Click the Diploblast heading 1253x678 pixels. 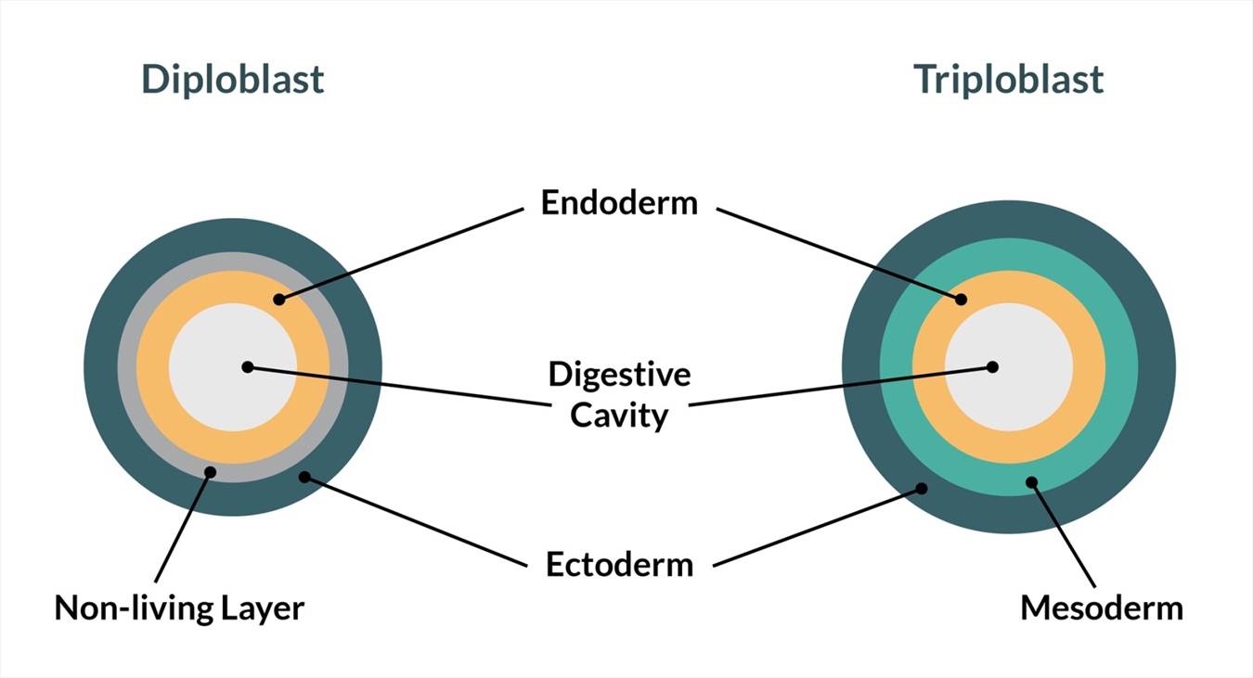pyautogui.click(x=233, y=80)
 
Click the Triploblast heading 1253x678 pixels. pyautogui.click(x=1009, y=80)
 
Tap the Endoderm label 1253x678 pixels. pyautogui.click(x=619, y=203)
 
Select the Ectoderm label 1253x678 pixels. pyautogui.click(x=619, y=564)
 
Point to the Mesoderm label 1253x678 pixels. pyautogui.click(x=1102, y=608)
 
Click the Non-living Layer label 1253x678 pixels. pyautogui.click(x=179, y=608)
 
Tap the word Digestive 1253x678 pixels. pyautogui.click(x=619, y=375)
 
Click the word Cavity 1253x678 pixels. pyautogui.click(x=619, y=415)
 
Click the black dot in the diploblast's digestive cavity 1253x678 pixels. pyautogui.click(x=247, y=366)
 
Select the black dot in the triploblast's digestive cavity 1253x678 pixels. pyautogui.click(x=992, y=366)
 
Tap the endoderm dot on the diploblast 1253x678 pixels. pyautogui.click(x=278, y=300)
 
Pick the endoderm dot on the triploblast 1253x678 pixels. pyautogui.click(x=961, y=300)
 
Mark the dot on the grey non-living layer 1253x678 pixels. pyautogui.click(x=211, y=472)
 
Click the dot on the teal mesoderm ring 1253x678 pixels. pyautogui.click(x=1030, y=481)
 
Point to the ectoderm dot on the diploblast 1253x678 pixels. pyautogui.click(x=304, y=478)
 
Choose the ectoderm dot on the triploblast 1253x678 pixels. pyautogui.click(x=922, y=488)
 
